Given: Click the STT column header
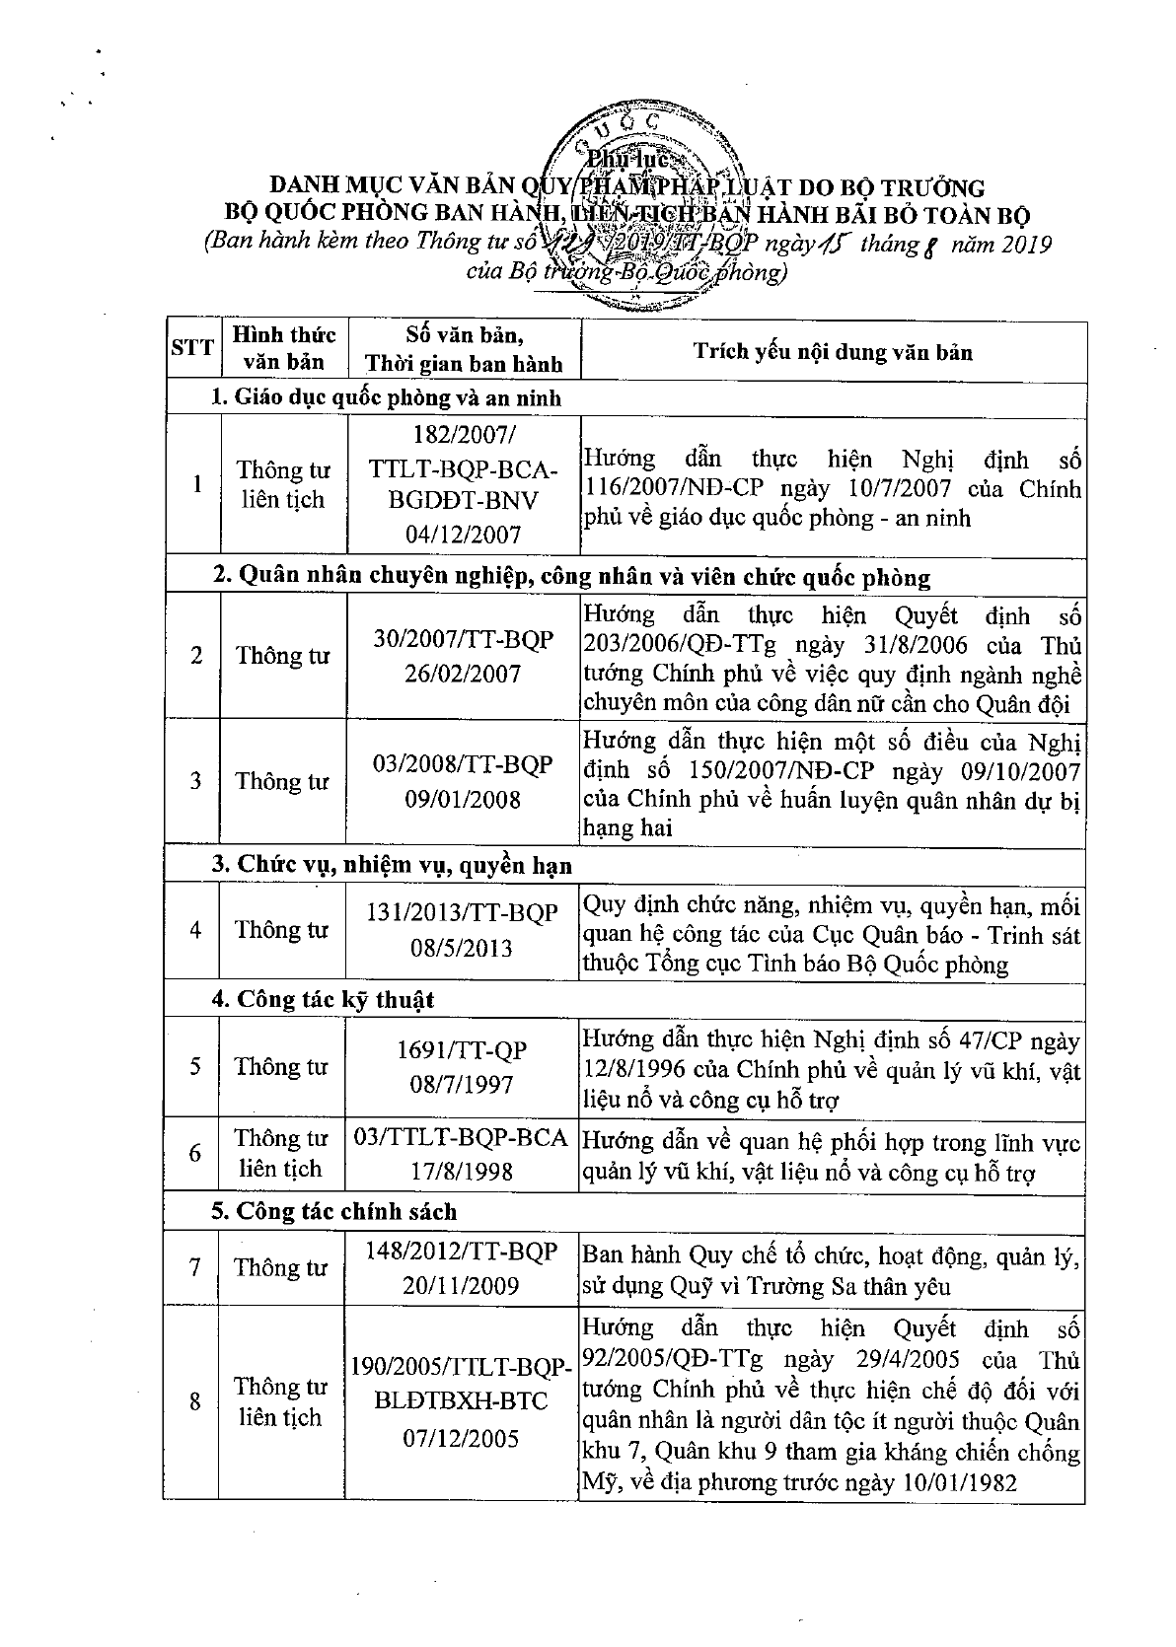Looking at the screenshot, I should (x=192, y=347).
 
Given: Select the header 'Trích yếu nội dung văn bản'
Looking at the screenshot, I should (x=832, y=351).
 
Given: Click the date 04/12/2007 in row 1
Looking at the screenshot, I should (x=463, y=534).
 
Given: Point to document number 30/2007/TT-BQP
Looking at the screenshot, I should (x=464, y=639).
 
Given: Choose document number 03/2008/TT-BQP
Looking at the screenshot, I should (x=464, y=764).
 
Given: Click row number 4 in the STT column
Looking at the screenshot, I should (x=195, y=930).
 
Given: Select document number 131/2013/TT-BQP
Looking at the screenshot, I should (x=462, y=913).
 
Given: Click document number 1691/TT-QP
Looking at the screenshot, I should (x=462, y=1049).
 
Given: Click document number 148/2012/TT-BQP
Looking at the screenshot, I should (x=462, y=1252).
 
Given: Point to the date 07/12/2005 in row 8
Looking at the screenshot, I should (x=461, y=1438).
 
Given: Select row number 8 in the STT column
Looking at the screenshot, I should (x=195, y=1401).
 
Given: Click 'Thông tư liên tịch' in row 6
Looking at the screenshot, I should (x=281, y=1153).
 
